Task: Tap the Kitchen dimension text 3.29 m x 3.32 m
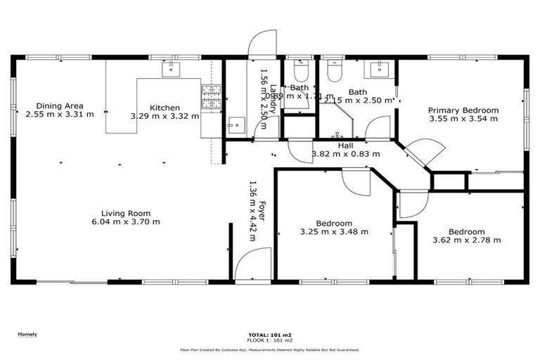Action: [165, 115]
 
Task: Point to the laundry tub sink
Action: [234, 125]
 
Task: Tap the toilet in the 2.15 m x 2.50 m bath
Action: [333, 71]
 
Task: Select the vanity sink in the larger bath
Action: [380, 68]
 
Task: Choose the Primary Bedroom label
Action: [463, 110]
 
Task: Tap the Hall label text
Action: [345, 146]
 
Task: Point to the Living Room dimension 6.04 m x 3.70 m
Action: [126, 221]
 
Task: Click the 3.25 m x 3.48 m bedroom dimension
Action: [334, 231]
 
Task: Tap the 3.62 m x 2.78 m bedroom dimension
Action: [466, 240]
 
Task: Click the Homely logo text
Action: [27, 335]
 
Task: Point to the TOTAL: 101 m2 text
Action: [270, 335]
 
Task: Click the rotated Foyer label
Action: [261, 210]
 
